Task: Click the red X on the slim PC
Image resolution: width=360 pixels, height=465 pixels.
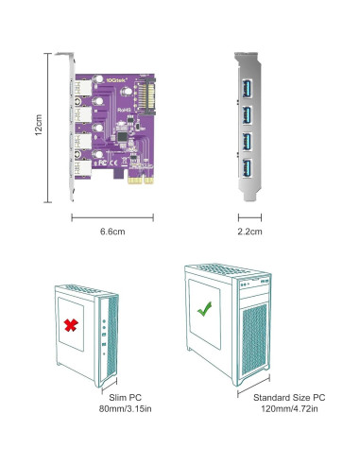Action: coord(71,326)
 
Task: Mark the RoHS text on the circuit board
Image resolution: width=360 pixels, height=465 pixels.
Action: coord(124,112)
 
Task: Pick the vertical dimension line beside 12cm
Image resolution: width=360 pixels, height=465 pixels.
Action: coord(48,126)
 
